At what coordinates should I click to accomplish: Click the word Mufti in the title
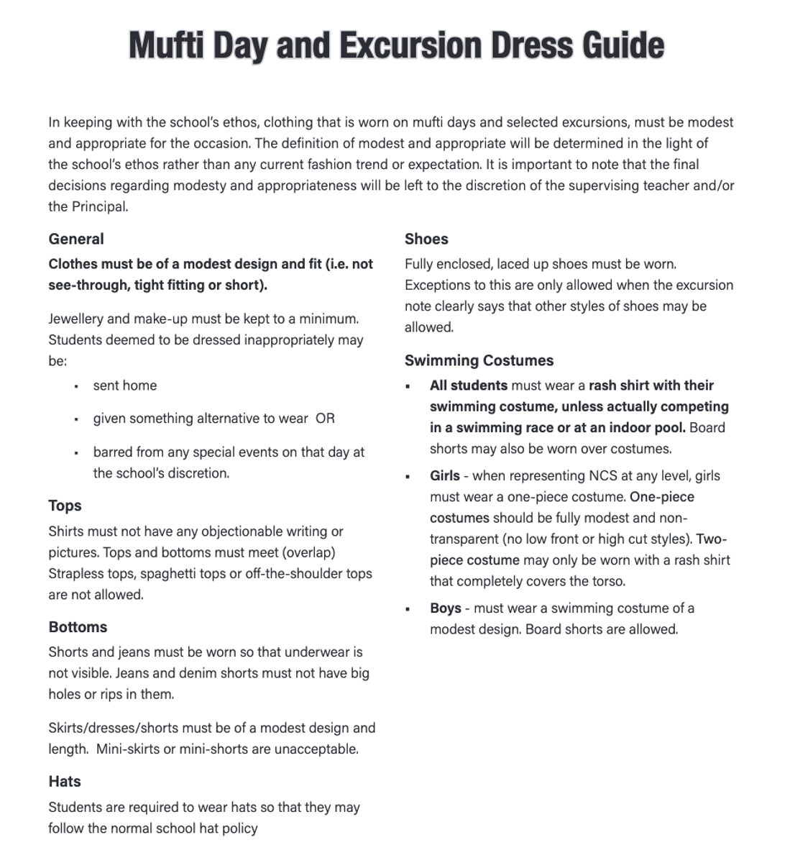tap(167, 45)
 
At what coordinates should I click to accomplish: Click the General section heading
tap(76, 239)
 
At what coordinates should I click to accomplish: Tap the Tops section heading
tap(65, 506)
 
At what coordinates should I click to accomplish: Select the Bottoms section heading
tap(78, 627)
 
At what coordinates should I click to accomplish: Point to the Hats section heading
tap(65, 782)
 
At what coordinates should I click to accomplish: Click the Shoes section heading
tap(426, 239)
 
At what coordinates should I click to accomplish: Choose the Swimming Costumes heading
tap(479, 360)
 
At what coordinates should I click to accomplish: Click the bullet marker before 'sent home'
tap(76, 386)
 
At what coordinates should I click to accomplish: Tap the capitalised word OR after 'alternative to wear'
tap(325, 419)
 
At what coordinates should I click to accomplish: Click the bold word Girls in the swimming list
tap(444, 476)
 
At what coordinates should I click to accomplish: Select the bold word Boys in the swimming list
tap(446, 608)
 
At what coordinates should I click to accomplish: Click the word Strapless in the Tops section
tap(75, 574)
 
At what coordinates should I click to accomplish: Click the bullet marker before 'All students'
tap(408, 386)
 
